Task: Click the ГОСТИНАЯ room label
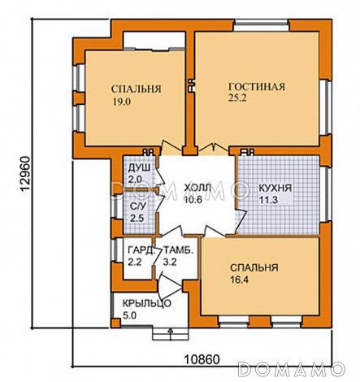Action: coord(257,87)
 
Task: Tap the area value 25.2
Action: coord(237,98)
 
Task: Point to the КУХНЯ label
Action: coord(275,188)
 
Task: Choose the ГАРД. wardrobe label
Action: coord(141,250)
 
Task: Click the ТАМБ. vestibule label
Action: coord(179,250)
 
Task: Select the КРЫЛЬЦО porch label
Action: coord(147,303)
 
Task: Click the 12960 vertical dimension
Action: coord(25,174)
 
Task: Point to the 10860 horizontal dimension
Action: coord(202,360)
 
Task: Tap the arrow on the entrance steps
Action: coord(171,334)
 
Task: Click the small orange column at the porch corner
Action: coord(115,323)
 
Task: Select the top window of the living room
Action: coord(262,26)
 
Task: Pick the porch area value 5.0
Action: coord(129,315)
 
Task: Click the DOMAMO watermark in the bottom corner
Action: coord(292,369)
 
